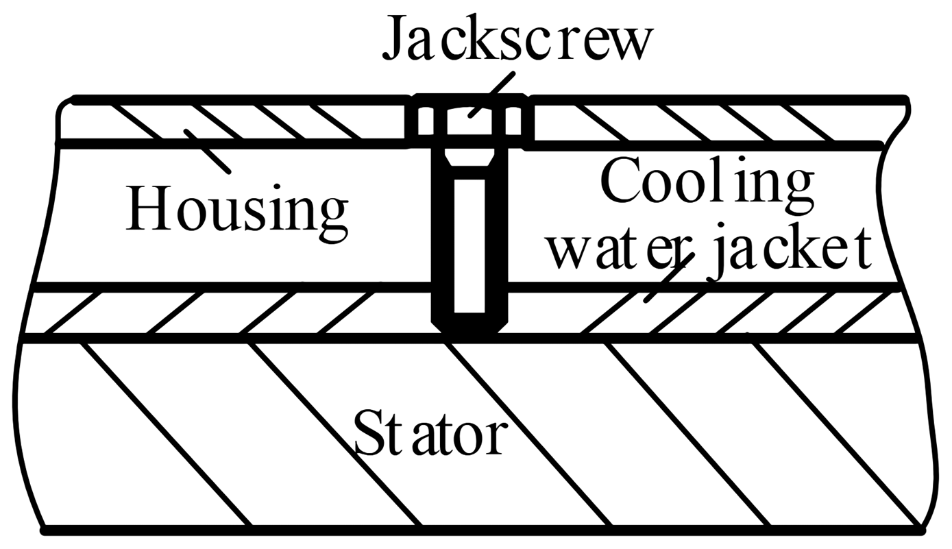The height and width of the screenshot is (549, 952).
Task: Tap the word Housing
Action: click(236, 208)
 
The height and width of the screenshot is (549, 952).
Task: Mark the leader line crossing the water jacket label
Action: click(668, 274)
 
